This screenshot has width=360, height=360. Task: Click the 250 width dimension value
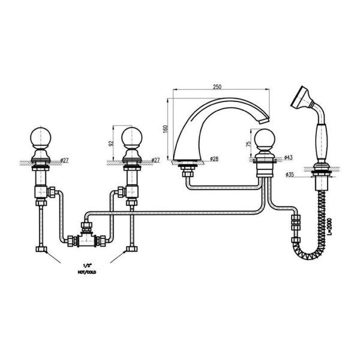coord(217,87)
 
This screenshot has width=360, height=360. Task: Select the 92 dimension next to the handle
coord(111,143)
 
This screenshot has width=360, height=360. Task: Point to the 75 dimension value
coord(248,144)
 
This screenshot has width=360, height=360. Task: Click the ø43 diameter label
coord(289,157)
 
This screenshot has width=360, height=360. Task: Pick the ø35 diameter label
coord(290,175)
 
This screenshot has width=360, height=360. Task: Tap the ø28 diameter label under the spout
coord(214,158)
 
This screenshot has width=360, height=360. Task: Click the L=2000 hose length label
coord(330,226)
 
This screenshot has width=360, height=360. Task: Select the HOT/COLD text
coord(87,272)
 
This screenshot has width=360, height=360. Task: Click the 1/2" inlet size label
coord(87,266)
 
